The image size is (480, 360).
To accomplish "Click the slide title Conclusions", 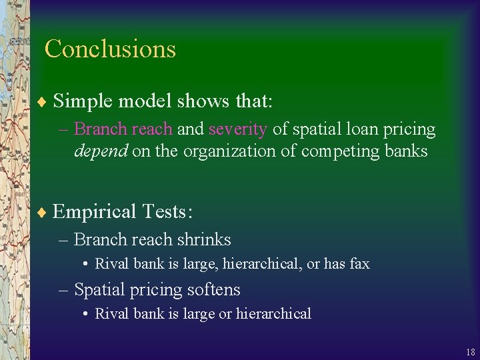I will (x=110, y=49).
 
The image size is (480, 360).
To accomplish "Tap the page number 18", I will (x=470, y=352).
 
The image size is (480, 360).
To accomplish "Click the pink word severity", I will (x=237, y=129).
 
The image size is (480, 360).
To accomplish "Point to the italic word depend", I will (x=101, y=151).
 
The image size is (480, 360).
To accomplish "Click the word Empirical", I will (x=94, y=212).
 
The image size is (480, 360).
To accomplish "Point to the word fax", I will (x=359, y=263).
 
